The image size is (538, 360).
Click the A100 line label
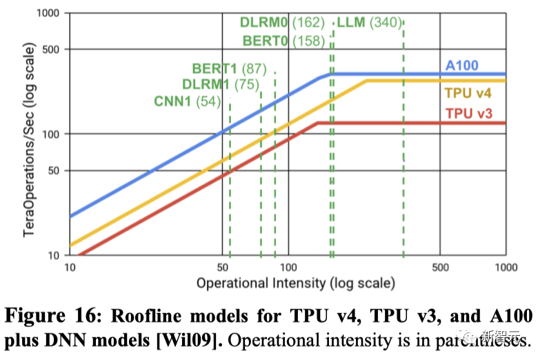(x=462, y=66)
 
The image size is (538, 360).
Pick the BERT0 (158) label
(x=283, y=41)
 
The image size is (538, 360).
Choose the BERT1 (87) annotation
(x=229, y=68)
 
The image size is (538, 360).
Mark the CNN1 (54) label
(x=187, y=102)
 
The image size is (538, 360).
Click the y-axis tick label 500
(x=52, y=49)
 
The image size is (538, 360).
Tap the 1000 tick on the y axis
(x=50, y=13)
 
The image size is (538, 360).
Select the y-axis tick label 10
(x=56, y=255)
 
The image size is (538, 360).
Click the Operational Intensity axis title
(x=296, y=283)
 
